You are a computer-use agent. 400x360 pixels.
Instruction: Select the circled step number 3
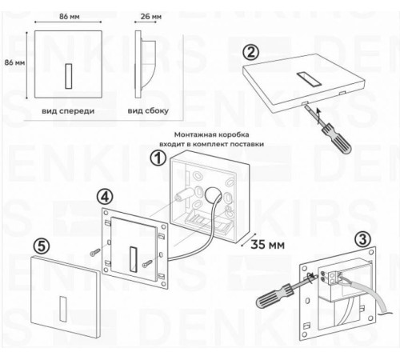362,239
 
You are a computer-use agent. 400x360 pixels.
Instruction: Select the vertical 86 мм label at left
14,62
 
